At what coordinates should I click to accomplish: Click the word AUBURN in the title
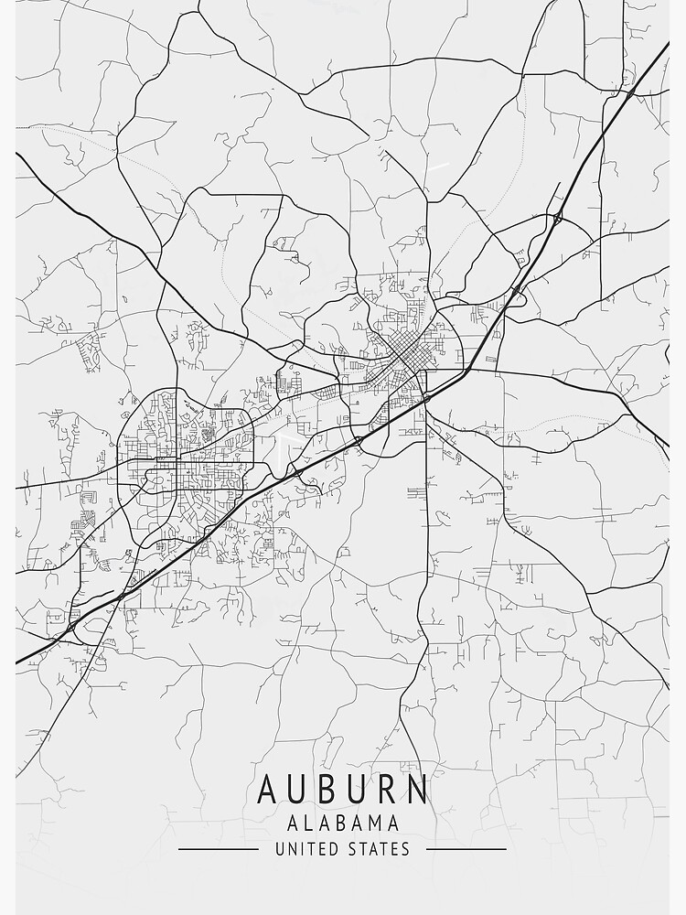(x=342, y=790)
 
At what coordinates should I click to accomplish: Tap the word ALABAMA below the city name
(x=342, y=823)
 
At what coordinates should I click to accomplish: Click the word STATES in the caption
(x=378, y=849)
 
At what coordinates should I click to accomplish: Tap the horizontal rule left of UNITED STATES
(x=218, y=849)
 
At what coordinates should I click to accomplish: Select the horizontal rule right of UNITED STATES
(x=466, y=849)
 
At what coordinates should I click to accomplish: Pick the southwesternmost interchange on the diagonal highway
(x=70, y=629)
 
